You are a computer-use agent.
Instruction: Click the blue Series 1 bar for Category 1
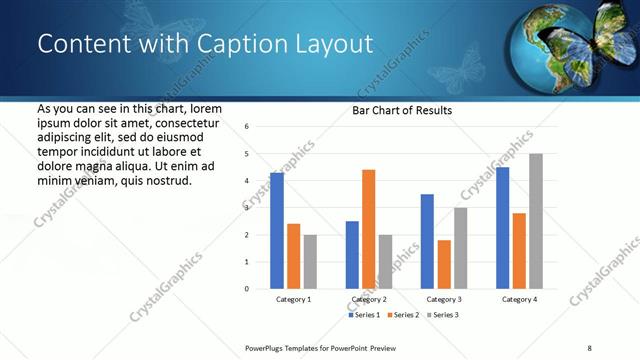pyautogui.click(x=277, y=231)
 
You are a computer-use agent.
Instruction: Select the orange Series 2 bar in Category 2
pyautogui.click(x=368, y=229)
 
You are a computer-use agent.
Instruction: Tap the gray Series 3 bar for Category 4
pyautogui.click(x=536, y=221)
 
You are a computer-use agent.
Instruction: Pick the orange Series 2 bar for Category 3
pyautogui.click(x=444, y=264)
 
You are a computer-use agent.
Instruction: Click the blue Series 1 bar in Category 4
pyautogui.click(x=502, y=228)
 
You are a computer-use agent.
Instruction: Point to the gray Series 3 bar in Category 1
pyautogui.click(x=310, y=262)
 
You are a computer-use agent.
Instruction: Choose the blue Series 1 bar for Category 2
pyautogui.click(x=352, y=255)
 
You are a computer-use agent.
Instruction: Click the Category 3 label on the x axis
pyautogui.click(x=444, y=299)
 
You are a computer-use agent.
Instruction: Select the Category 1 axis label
pyautogui.click(x=293, y=299)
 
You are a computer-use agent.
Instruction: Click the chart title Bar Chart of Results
pyautogui.click(x=402, y=110)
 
